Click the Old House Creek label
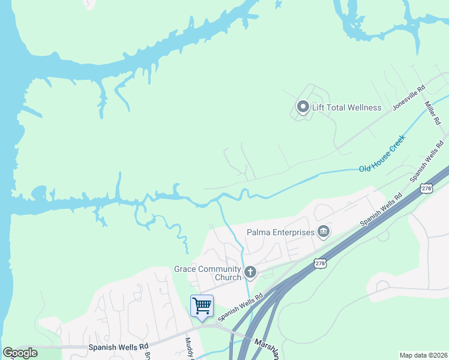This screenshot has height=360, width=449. point(382,153)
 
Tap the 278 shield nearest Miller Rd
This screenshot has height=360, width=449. point(426,188)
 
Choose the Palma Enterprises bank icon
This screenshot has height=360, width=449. point(324,232)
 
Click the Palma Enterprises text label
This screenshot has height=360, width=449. point(280,232)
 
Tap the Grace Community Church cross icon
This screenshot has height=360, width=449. point(250,273)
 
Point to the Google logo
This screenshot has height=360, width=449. point(20,353)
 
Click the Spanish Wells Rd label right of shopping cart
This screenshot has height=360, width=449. point(241,305)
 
